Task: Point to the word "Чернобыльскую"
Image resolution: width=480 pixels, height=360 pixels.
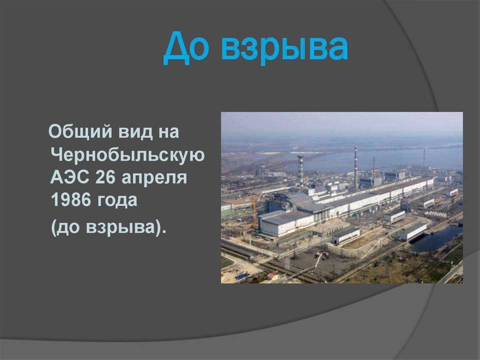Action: pyautogui.click(x=127, y=155)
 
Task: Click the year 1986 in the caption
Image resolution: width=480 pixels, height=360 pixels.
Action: pyautogui.click(x=71, y=200)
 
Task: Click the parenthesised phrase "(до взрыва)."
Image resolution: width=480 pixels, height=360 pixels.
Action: pyautogui.click(x=108, y=228)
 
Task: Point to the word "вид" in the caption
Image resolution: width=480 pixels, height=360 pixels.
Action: pyautogui.click(x=135, y=132)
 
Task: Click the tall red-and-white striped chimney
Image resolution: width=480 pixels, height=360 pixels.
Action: pyautogui.click(x=355, y=168)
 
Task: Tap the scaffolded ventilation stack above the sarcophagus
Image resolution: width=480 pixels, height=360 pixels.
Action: pyautogui.click(x=300, y=170)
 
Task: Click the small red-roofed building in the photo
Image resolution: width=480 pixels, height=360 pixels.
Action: pyautogui.click(x=272, y=276)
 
